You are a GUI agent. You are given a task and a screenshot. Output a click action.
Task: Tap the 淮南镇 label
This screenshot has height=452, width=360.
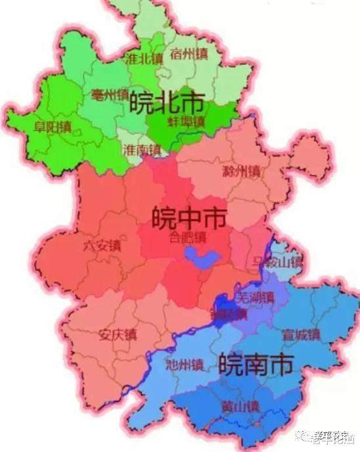pos(141,150)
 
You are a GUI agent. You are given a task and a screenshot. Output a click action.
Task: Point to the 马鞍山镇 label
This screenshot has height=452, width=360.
pos(277,263)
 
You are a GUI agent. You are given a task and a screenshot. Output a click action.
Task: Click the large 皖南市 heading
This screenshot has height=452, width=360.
pos(256,363)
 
